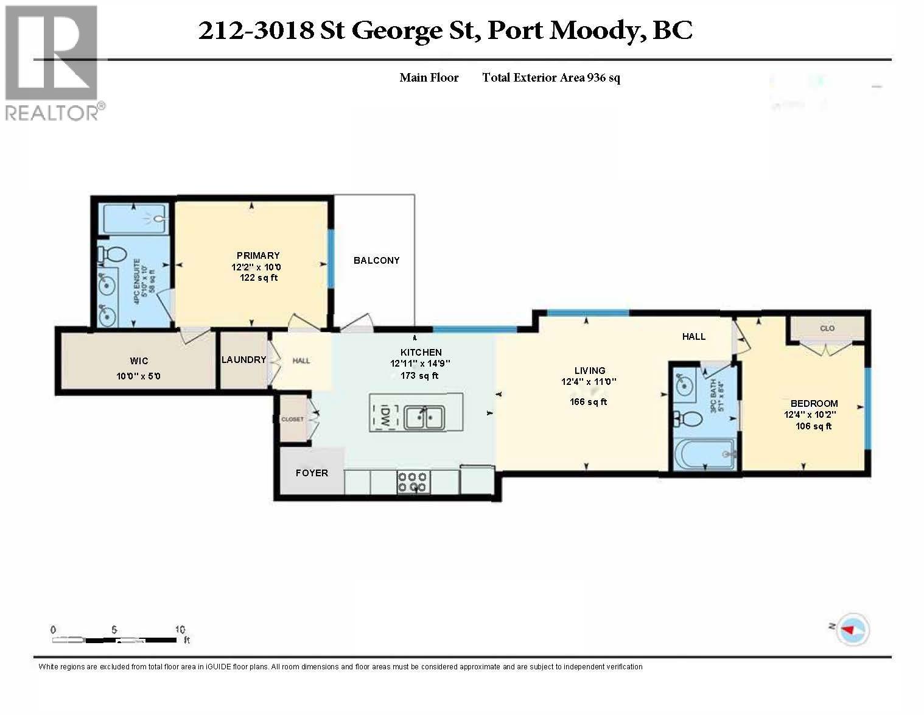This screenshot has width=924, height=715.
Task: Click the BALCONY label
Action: coord(376,260)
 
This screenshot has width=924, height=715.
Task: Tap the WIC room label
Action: coord(139,361)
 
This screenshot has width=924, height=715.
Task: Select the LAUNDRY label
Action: coord(243,359)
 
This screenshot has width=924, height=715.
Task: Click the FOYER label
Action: coord(312,473)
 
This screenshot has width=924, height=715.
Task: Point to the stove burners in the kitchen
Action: coord(412,482)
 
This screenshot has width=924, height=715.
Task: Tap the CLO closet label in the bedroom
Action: coord(827,328)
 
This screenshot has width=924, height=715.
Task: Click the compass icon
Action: coord(853,629)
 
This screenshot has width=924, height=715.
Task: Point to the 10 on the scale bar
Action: coord(180,629)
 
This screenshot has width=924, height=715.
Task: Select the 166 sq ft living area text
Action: coord(589,401)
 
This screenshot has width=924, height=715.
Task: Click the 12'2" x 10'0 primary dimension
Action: coord(256,267)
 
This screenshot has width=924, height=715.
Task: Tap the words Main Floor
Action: coord(429,77)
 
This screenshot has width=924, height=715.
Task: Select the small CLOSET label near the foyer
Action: coord(292,419)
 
